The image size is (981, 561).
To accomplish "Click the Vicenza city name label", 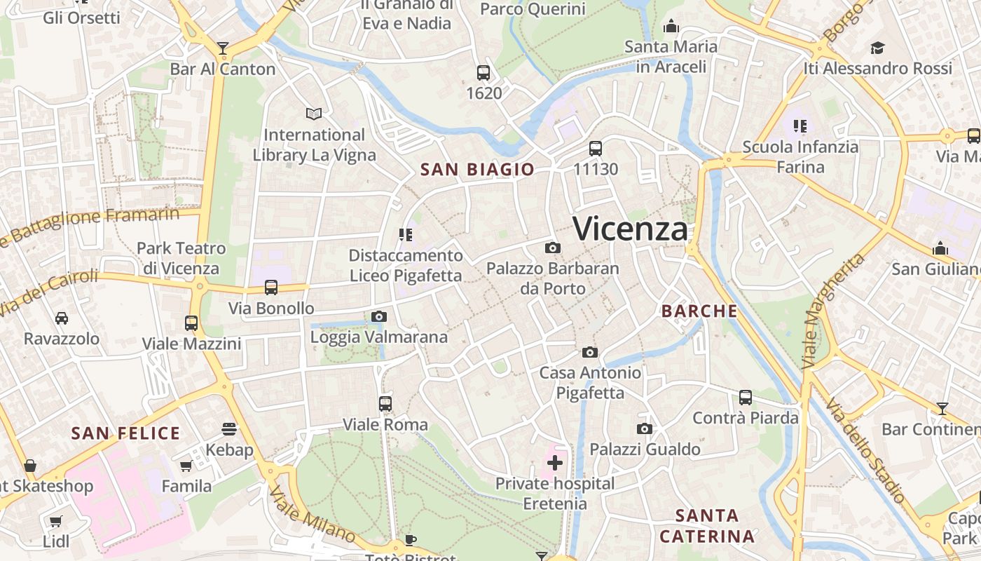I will (x=630, y=229).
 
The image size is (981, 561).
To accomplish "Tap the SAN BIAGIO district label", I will (x=477, y=169).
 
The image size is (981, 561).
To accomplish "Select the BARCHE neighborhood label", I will (x=699, y=311).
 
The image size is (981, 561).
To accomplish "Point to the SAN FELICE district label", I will (x=126, y=433).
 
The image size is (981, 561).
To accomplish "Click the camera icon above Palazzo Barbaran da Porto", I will (x=552, y=248).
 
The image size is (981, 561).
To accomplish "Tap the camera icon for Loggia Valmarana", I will (x=378, y=316).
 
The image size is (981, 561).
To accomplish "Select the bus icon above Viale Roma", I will (x=385, y=404).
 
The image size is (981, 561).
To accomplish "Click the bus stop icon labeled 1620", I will (x=483, y=72).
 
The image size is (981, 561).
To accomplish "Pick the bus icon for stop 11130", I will (x=596, y=148).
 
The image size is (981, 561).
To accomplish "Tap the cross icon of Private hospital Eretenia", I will (x=555, y=462).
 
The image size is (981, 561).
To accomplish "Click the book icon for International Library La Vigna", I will (x=314, y=113).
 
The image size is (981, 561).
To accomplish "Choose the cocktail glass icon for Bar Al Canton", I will (x=223, y=48).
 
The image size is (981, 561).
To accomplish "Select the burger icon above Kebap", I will (x=229, y=428).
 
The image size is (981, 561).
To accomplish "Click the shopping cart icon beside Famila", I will (x=186, y=466).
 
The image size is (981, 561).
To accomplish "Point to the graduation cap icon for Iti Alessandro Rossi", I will (x=877, y=48).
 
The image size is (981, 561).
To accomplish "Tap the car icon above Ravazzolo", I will (x=62, y=318).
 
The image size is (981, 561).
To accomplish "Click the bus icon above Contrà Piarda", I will (x=746, y=398).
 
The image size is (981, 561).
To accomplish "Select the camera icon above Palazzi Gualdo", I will (x=645, y=428).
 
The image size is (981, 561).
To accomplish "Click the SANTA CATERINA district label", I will (x=708, y=526).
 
